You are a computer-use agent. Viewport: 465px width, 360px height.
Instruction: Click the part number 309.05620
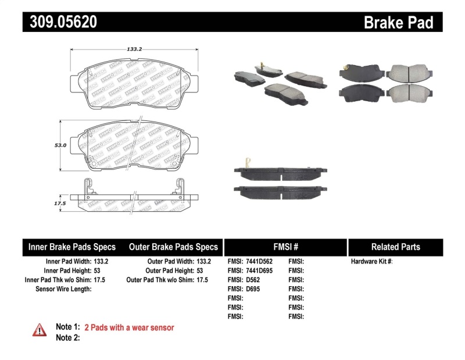pos(60,22)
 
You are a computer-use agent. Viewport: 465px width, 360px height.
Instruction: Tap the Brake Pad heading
pos(398,22)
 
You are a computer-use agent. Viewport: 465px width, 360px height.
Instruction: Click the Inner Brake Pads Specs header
pos(72,247)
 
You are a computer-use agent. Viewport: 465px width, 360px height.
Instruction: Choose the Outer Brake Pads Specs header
pos(173,247)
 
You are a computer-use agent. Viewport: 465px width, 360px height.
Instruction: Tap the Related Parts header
pos(395,247)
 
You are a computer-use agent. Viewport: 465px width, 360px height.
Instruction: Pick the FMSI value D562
pos(254,280)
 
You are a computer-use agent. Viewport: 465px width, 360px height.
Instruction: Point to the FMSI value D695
pos(254,289)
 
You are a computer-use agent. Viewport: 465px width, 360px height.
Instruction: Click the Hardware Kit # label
pos(371,262)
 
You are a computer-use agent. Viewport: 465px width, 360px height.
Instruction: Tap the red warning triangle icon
pos(39,330)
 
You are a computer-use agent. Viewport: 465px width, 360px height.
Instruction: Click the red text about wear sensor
pos(129,327)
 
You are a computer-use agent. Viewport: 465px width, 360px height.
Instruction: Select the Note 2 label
pos(67,338)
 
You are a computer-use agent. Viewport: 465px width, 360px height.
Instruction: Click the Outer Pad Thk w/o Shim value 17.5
pos(202,280)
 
